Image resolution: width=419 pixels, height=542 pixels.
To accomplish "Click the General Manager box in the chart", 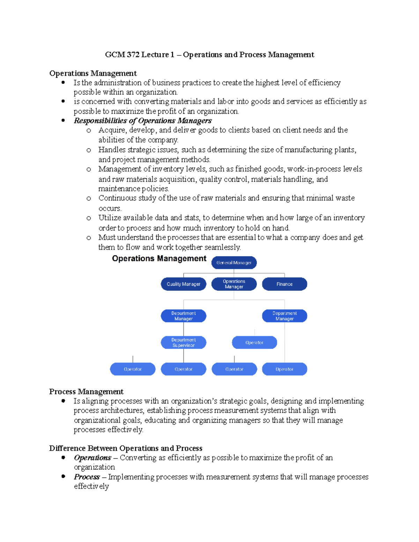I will (x=234, y=263).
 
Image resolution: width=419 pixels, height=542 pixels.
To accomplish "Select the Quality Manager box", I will (x=183, y=284).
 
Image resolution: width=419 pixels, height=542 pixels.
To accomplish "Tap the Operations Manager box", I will (x=234, y=284).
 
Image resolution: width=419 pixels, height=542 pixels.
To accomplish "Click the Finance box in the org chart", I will (x=285, y=284).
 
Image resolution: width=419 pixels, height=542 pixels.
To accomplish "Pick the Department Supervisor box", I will (x=183, y=342).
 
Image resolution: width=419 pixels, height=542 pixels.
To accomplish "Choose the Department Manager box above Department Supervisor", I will (x=183, y=316).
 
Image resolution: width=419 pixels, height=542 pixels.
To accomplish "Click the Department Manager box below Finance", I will (x=285, y=316).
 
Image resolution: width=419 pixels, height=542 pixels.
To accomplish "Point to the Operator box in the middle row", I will (x=254, y=342).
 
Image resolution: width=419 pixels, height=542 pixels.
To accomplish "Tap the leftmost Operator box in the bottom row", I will (x=133, y=369).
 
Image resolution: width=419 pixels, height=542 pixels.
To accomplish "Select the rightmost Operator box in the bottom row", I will (x=285, y=369).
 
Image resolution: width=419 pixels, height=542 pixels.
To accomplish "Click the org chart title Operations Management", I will (x=159, y=259).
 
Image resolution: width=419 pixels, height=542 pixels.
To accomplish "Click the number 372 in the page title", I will (x=133, y=55).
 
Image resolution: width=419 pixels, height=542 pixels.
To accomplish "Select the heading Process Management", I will (x=86, y=392).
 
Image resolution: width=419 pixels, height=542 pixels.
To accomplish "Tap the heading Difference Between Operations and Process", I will (x=126, y=448).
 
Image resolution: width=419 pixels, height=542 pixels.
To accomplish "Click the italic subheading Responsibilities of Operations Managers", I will (x=142, y=121).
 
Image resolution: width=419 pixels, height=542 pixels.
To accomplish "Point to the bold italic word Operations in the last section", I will (x=93, y=458).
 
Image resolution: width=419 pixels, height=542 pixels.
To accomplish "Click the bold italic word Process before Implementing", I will (x=87, y=477).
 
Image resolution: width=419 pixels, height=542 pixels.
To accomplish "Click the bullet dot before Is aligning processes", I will (x=63, y=401).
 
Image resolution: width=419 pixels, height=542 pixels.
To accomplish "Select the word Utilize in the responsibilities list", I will (x=109, y=218).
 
